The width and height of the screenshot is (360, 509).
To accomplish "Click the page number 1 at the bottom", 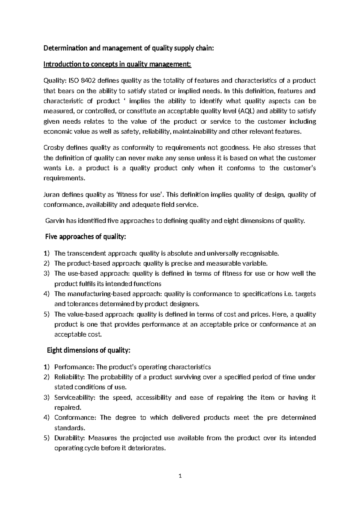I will pyautogui.click(x=180, y=476).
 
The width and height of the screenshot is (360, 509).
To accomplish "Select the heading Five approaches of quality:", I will pyautogui.click(x=85, y=237).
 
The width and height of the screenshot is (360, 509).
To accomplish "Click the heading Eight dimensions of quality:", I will pyautogui.click(x=88, y=351).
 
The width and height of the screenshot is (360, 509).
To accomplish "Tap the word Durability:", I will pyautogui.click(x=70, y=438).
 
